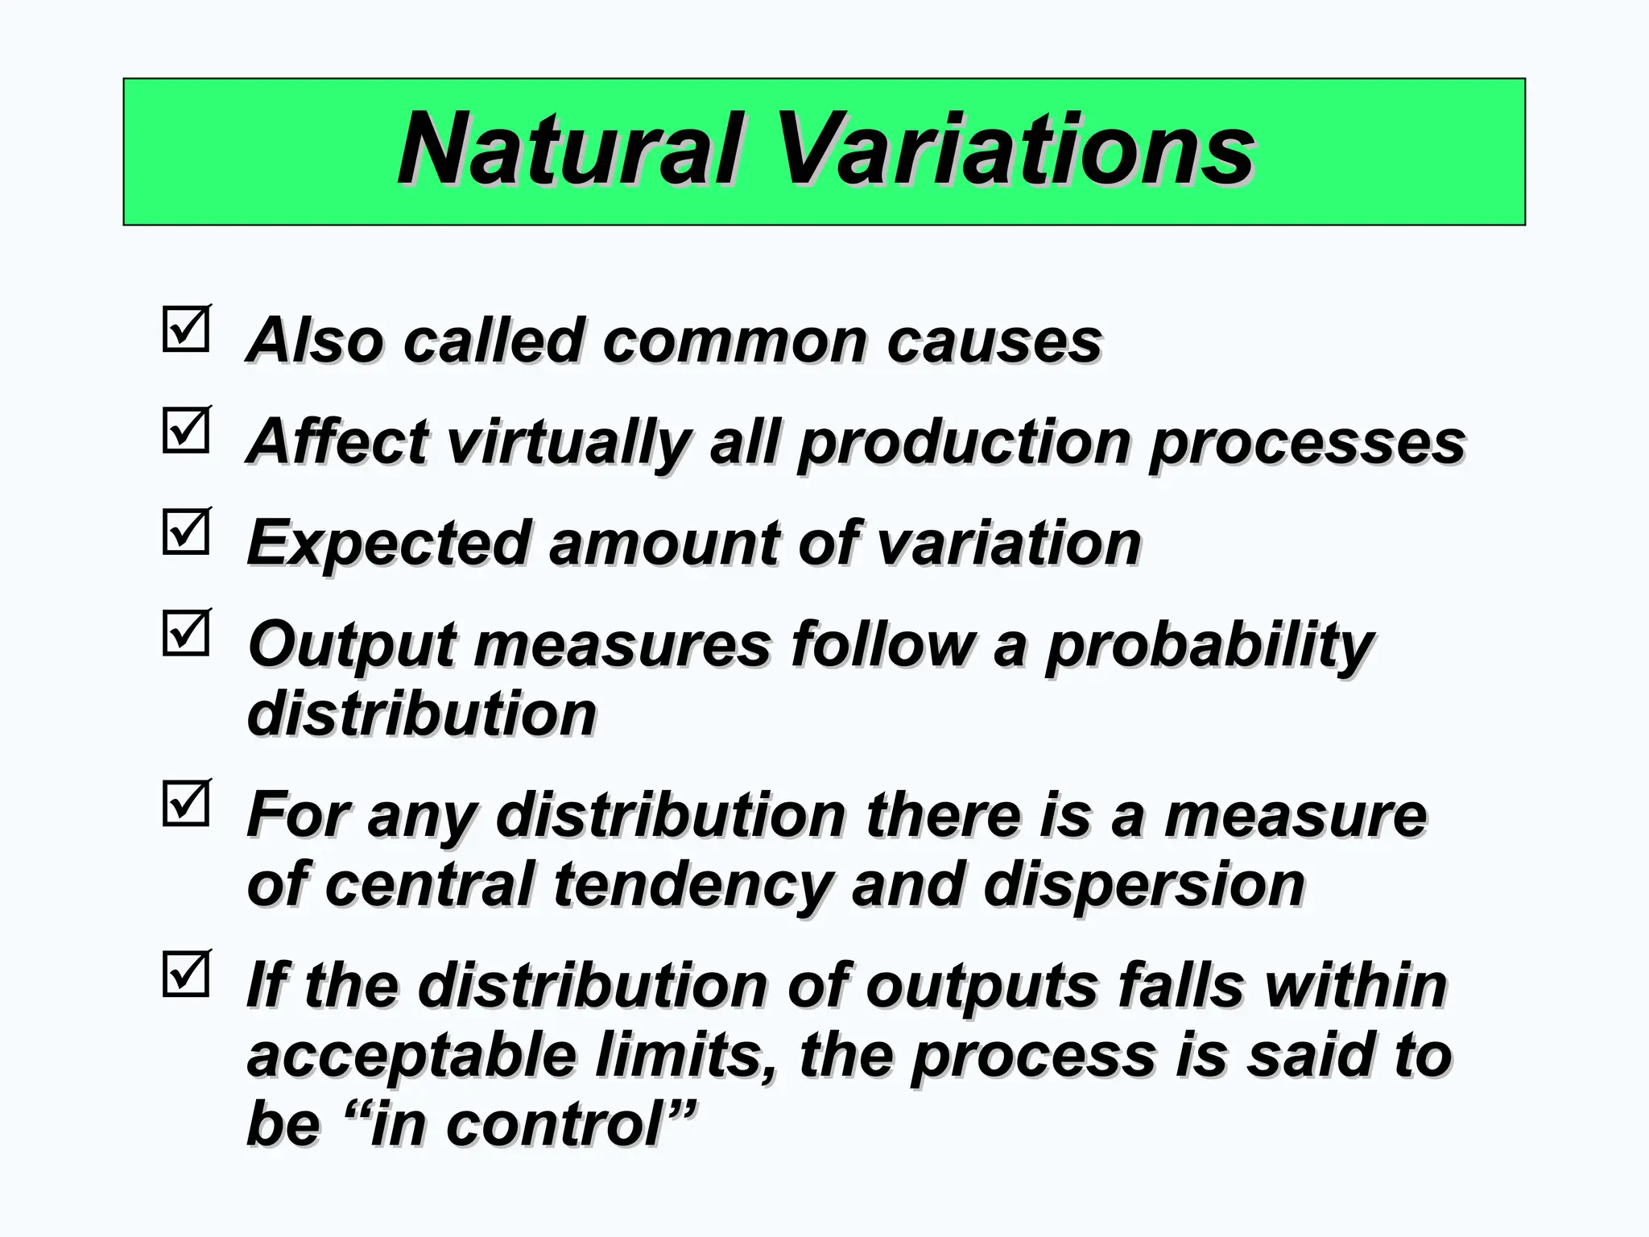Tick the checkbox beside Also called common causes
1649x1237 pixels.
pyautogui.click(x=186, y=329)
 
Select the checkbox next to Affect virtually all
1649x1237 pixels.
pyautogui.click(x=186, y=430)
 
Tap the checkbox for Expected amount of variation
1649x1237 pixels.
pyautogui.click(x=186, y=532)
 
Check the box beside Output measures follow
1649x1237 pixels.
pyautogui.click(x=186, y=633)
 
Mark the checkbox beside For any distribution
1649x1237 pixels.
pyautogui.click(x=186, y=804)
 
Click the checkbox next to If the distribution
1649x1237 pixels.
pyautogui.click(x=186, y=974)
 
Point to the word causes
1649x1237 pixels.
pyautogui.click(x=994, y=341)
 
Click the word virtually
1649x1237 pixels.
pyautogui.click(x=568, y=443)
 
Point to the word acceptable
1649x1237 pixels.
pyautogui.click(x=411, y=1057)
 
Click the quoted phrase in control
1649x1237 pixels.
pyautogui.click(x=519, y=1125)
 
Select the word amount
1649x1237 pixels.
pyautogui.click(x=663, y=544)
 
